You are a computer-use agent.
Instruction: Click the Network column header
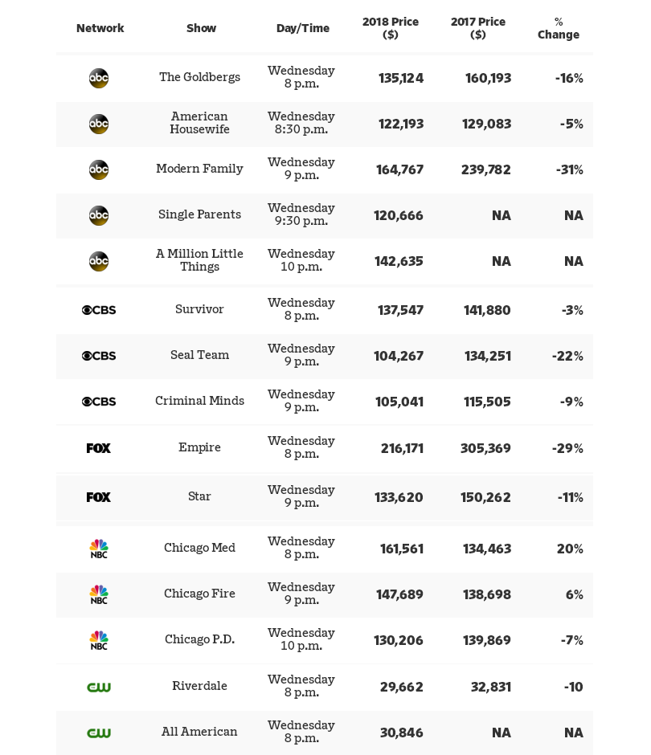point(100,28)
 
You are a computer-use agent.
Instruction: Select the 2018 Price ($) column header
point(391,28)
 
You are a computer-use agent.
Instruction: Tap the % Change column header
point(559,28)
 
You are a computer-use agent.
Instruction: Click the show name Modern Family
point(199,169)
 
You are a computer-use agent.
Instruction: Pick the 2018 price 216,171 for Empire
point(402,448)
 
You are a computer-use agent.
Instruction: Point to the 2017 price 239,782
point(486,169)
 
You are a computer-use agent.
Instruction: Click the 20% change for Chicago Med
point(570,549)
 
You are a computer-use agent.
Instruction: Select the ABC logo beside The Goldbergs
point(99,78)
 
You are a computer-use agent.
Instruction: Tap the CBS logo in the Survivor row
point(99,310)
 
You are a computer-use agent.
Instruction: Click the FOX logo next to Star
point(99,497)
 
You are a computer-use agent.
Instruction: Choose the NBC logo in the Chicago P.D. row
point(99,640)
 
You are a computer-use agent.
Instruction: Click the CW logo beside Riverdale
point(99,687)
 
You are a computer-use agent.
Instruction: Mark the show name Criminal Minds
point(199,401)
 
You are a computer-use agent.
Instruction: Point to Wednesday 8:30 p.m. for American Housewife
point(301,123)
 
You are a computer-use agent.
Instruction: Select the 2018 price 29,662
point(402,687)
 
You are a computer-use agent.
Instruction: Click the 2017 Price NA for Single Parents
point(502,215)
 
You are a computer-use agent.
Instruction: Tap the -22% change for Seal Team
point(567,356)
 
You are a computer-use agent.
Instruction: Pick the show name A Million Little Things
point(199,260)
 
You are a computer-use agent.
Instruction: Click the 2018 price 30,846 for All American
point(402,733)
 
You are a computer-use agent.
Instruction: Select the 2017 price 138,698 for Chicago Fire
point(486,594)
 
